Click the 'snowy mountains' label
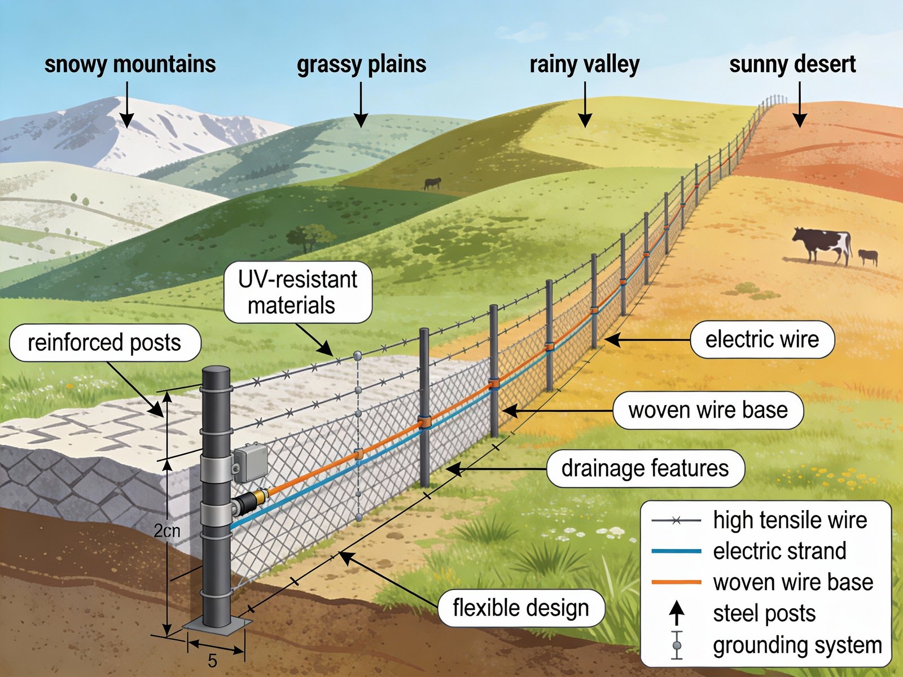(130, 64)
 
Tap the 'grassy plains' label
(361, 64)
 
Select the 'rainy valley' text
(584, 64)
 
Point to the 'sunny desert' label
(792, 64)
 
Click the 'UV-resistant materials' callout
(297, 292)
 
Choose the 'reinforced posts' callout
(105, 342)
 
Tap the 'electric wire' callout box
(762, 340)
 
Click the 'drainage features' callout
(645, 468)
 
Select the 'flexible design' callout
(521, 608)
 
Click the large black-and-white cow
(823, 244)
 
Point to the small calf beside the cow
(868, 257)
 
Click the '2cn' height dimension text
(167, 531)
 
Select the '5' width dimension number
(212, 661)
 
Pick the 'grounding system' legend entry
(797, 645)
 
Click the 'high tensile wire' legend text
(790, 520)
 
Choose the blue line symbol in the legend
(676, 551)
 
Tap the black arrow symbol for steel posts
(677, 613)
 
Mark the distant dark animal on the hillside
(432, 183)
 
